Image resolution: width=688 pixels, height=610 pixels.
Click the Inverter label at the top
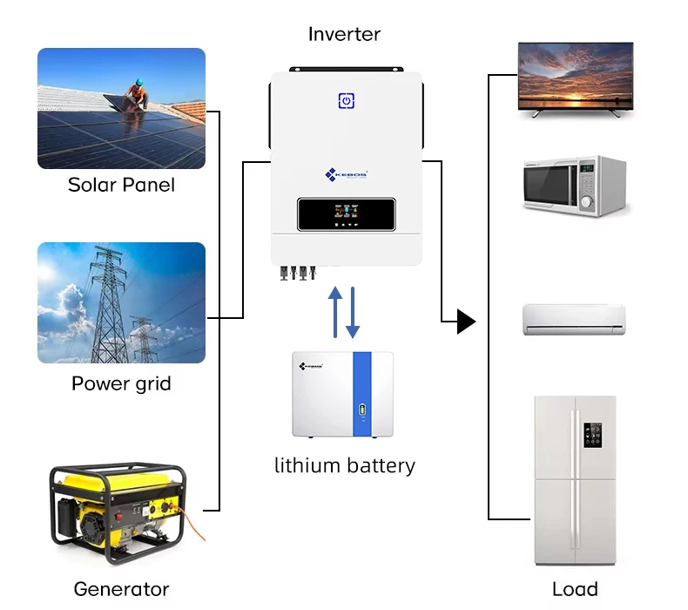(x=344, y=35)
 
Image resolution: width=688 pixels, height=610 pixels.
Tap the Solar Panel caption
(x=121, y=185)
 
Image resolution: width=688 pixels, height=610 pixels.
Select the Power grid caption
(x=121, y=383)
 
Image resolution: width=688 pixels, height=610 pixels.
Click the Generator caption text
(x=121, y=589)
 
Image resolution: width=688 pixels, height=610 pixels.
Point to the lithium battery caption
(x=344, y=465)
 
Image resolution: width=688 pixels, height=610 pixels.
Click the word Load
(x=575, y=589)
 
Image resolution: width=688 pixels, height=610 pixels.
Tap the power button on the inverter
(x=346, y=101)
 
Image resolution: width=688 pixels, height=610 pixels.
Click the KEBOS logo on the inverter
(x=346, y=174)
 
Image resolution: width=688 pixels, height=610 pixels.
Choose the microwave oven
(x=574, y=184)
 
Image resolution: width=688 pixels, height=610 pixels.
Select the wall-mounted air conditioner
(x=573, y=319)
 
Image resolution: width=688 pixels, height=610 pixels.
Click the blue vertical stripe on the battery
(x=361, y=394)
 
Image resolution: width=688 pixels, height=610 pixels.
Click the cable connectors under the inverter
(x=295, y=273)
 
